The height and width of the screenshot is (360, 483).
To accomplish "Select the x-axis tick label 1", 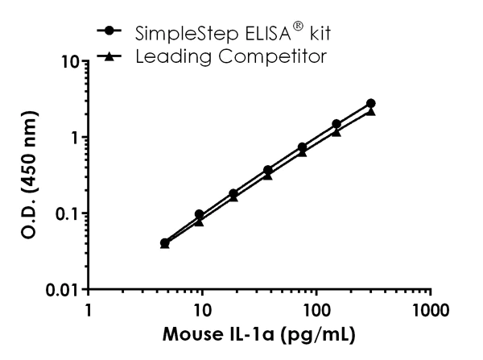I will point(89,310).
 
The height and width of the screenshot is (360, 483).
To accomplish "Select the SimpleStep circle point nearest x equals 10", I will point(199,215).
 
